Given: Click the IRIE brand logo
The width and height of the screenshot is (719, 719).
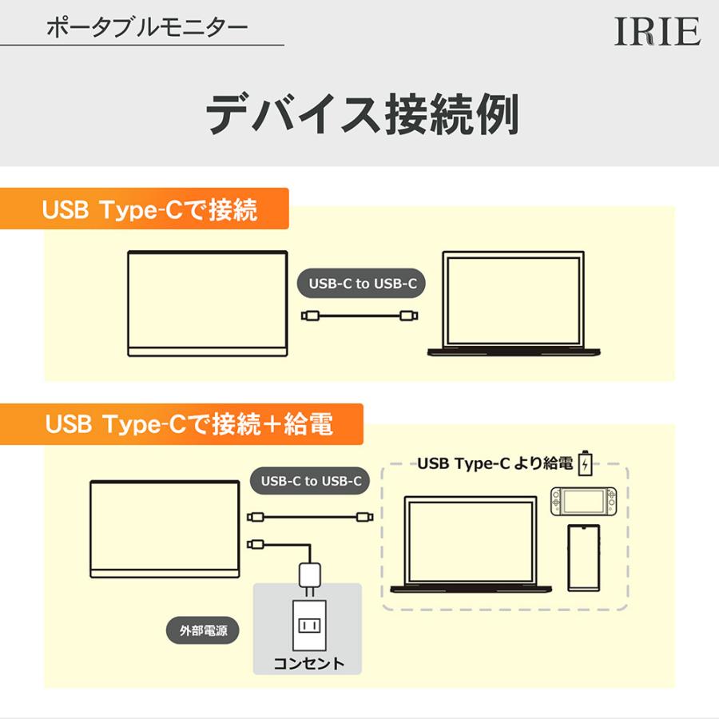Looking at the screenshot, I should tap(657, 32).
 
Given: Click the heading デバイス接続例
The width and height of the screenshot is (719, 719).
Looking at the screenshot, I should tap(363, 114).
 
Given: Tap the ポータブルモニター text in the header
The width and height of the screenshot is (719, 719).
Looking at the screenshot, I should tap(147, 28).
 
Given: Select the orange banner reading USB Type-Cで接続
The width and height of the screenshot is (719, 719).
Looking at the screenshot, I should tap(149, 210).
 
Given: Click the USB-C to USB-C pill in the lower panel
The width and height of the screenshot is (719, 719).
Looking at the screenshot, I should tap(311, 481).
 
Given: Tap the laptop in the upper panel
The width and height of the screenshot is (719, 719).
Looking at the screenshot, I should tap(510, 304).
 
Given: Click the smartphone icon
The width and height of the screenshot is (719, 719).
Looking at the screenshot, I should tap(584, 558).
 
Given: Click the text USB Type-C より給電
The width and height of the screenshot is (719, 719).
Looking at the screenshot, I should tap(495, 463).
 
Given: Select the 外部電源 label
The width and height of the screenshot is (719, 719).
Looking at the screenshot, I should tap(204, 630).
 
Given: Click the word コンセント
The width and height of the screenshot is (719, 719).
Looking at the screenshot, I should tap(309, 663).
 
